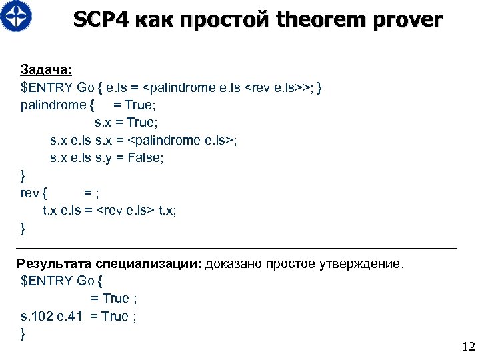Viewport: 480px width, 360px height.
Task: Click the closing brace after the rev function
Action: tap(24, 228)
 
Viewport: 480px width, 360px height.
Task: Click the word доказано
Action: tap(233, 263)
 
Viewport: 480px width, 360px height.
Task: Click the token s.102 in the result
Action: tap(35, 316)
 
